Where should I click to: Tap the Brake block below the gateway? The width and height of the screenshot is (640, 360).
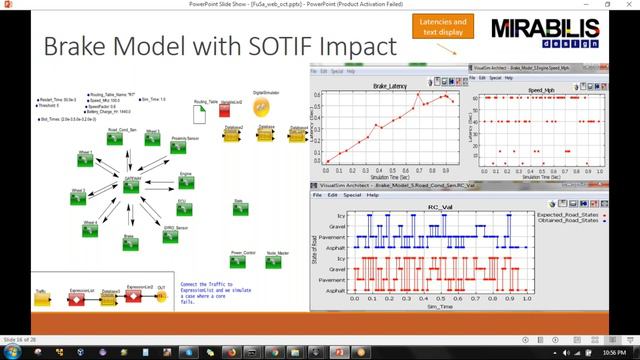128,244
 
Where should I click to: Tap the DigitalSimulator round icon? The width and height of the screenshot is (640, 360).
263,105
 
